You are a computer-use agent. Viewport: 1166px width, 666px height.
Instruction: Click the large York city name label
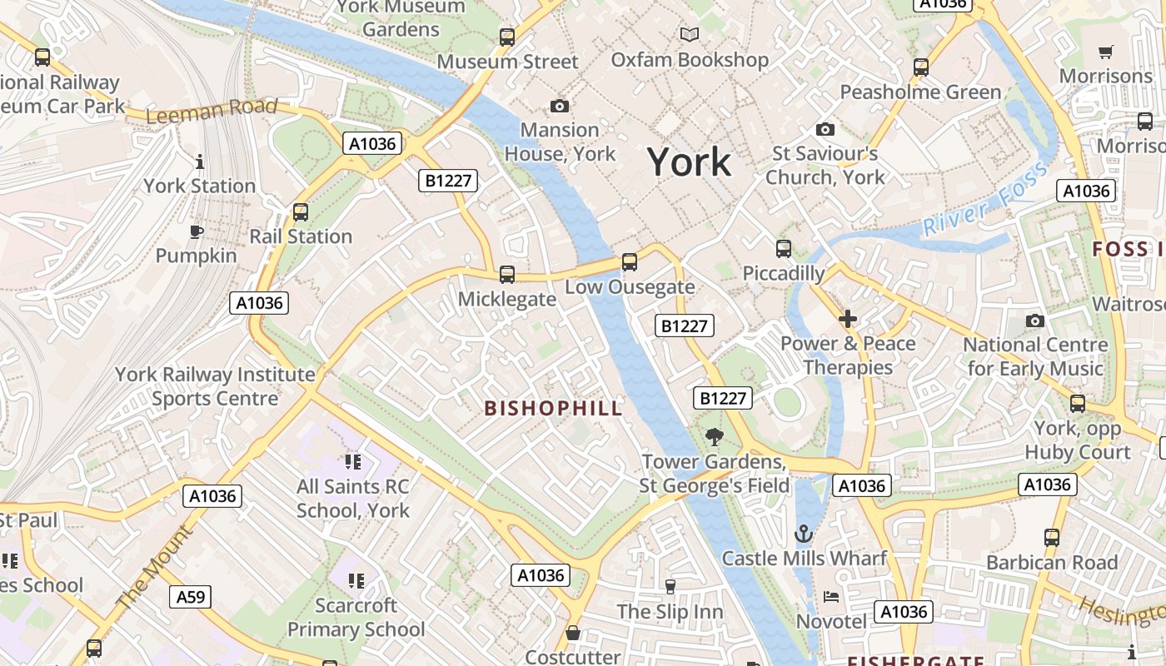[689, 162]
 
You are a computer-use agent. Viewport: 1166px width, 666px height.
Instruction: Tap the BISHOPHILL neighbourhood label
[553, 408]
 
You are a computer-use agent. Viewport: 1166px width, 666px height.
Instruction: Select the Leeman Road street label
[212, 109]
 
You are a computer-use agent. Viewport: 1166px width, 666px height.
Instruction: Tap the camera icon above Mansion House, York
[560, 106]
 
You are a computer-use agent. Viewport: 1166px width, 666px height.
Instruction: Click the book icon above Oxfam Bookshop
[689, 34]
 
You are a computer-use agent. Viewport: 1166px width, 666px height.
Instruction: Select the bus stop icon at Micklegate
[506, 275]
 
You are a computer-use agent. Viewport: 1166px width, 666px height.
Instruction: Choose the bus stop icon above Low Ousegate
[630, 262]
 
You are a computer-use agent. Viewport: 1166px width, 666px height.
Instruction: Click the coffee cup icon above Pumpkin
[197, 231]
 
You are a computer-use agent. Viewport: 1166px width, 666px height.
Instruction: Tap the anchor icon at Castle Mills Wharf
[804, 534]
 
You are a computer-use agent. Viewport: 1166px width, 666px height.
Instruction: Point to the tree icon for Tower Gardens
[714, 436]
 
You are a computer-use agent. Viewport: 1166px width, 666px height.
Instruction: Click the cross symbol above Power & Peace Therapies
[848, 319]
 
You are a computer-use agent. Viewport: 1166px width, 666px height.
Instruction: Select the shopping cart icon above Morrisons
[1106, 52]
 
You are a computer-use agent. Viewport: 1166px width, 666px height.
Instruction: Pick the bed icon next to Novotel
[831, 596]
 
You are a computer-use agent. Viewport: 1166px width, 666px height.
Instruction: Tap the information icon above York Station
[199, 162]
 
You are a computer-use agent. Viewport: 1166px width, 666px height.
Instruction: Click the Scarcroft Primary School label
[356, 618]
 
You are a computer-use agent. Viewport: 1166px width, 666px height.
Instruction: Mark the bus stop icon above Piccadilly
[783, 248]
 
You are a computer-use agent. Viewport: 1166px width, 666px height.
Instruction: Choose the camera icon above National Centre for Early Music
[1035, 321]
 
